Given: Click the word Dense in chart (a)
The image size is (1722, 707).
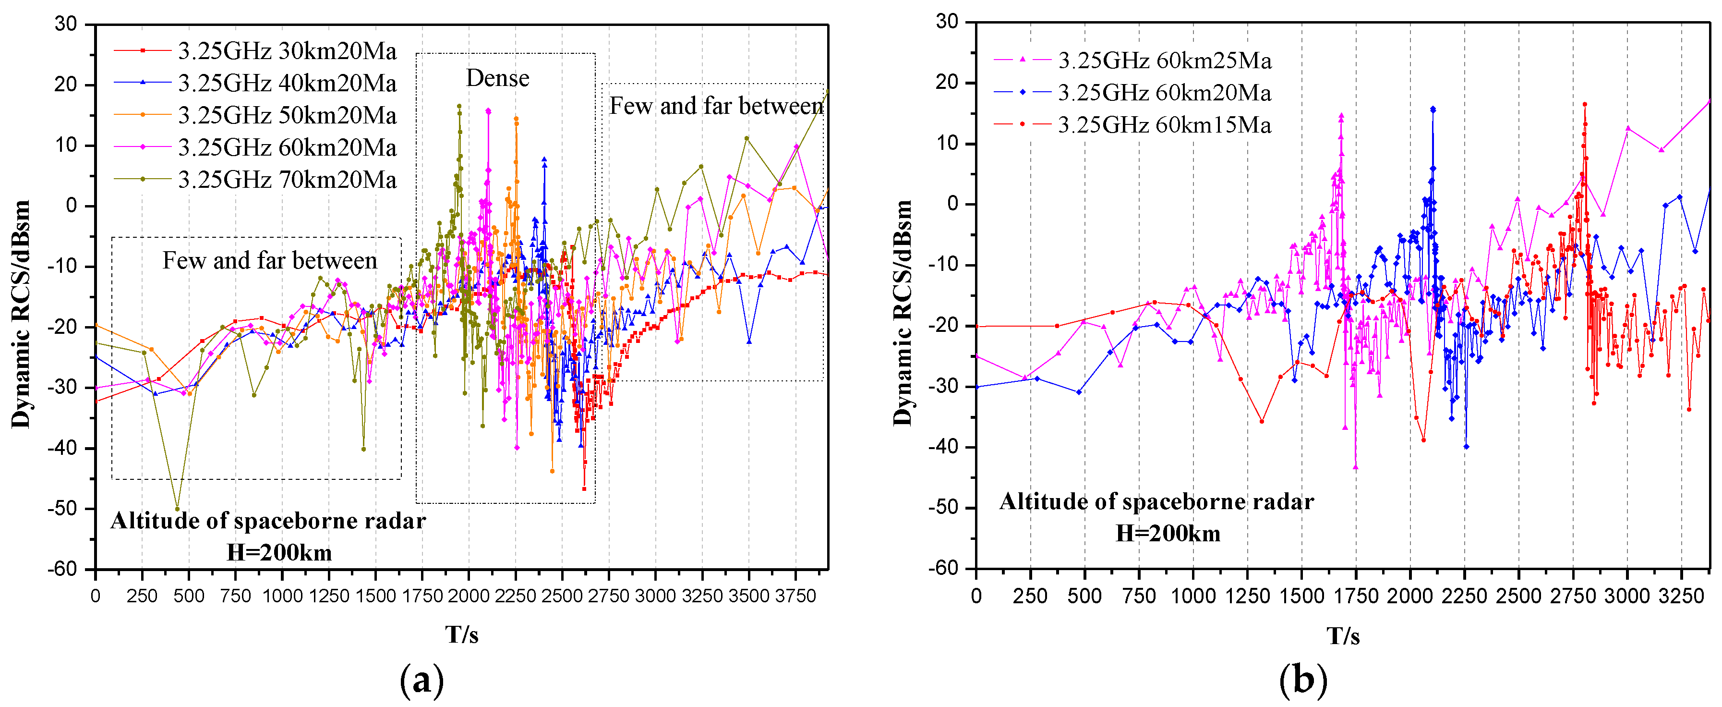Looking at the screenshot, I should coord(497,78).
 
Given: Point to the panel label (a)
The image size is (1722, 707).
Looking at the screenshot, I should coord(421,680).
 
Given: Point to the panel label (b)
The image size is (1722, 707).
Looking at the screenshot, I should coord(1302,680).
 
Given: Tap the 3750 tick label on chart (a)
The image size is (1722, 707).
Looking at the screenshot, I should coord(795,595).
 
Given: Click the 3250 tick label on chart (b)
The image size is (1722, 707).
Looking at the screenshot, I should coord(1681,595).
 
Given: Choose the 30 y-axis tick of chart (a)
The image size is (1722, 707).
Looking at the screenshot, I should coord(66,24).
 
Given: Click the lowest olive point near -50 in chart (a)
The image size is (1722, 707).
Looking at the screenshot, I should coord(177,508).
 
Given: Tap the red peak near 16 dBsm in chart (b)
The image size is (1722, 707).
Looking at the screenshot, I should coord(1584,104).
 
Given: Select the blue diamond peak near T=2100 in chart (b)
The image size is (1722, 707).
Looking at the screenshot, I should coord(1433,109).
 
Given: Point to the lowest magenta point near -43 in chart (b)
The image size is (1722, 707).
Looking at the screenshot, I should coord(1356,467).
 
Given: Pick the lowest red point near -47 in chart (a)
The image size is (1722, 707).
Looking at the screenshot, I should coord(584,489).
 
